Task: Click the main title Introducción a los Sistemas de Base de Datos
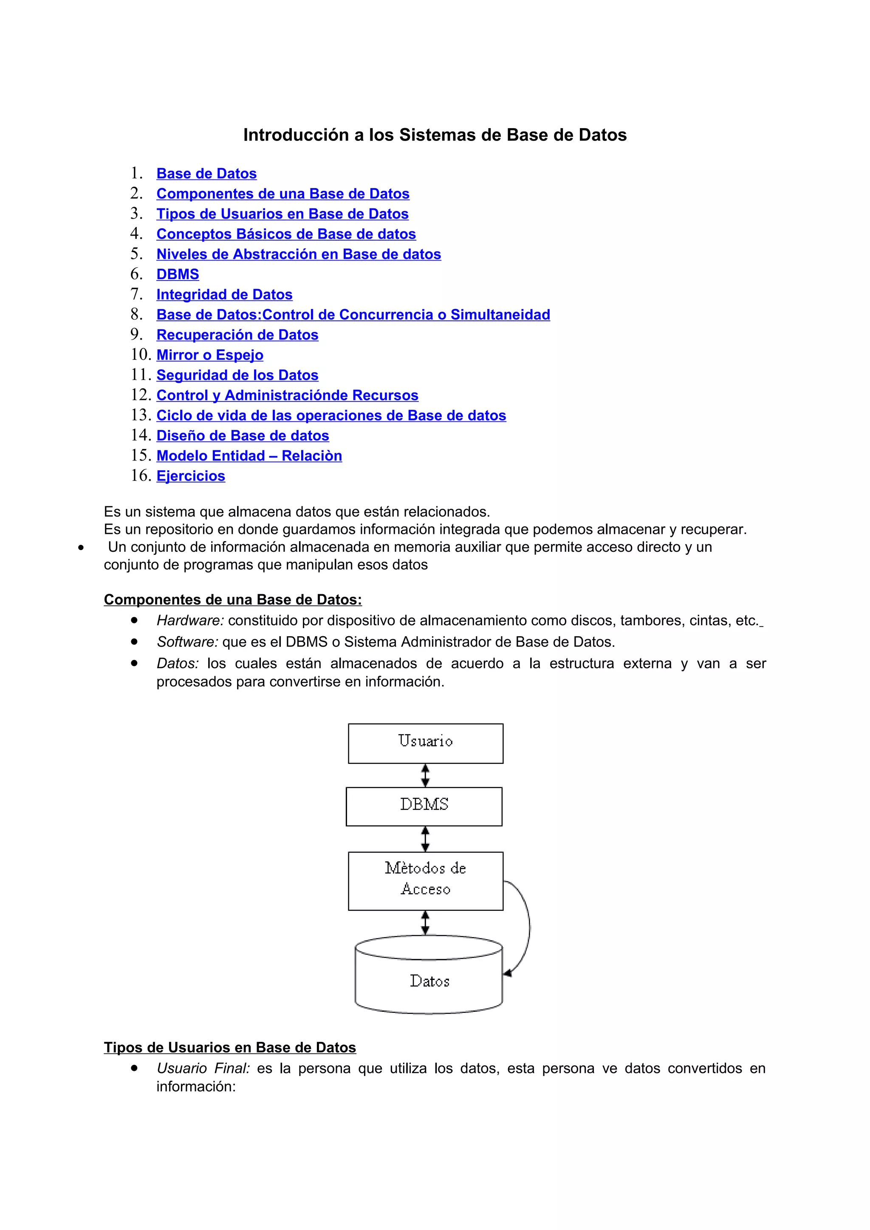435,135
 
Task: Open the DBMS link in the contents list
178,274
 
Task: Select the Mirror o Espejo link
209,355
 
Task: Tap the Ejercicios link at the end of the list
190,476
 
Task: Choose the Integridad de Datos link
224,295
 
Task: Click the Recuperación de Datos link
237,335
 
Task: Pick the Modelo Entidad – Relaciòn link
249,456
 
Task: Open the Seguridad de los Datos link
237,375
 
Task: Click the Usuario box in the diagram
425,743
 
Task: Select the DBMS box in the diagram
424,806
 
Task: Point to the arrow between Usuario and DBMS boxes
425,775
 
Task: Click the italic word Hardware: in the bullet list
190,621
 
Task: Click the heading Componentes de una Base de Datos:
233,599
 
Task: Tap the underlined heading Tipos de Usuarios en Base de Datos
229,1047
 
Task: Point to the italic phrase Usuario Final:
203,1068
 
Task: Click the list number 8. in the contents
137,315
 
